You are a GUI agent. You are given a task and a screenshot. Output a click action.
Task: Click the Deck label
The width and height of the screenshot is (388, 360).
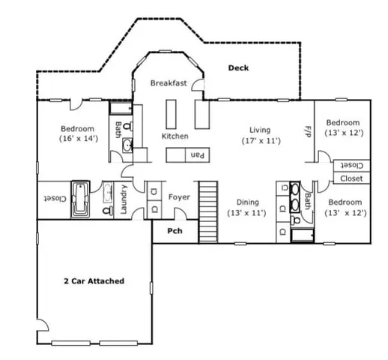(x=238, y=68)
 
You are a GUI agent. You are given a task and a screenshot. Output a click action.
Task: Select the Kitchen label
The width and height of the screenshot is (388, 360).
(x=175, y=136)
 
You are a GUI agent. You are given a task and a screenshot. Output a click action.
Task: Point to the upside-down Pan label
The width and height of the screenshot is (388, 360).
(x=198, y=154)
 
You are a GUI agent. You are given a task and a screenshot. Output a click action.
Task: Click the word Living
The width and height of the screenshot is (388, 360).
(x=260, y=130)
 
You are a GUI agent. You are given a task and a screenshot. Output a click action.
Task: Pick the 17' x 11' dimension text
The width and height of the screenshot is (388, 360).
(x=260, y=141)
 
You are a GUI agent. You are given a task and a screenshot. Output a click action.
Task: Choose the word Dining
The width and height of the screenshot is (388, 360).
(x=248, y=202)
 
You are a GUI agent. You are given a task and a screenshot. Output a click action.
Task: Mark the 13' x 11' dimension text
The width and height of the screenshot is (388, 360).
(x=248, y=213)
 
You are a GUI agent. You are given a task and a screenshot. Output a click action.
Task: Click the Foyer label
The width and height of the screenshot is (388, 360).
(x=178, y=197)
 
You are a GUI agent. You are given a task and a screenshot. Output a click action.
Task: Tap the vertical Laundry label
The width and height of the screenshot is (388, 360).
(x=123, y=200)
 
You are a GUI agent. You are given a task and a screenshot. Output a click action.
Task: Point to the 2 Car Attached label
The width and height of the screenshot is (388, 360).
(x=93, y=281)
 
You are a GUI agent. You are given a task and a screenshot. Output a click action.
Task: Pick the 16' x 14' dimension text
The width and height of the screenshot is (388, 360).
(x=79, y=139)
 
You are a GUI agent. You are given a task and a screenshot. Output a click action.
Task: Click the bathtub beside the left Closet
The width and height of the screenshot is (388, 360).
(x=80, y=199)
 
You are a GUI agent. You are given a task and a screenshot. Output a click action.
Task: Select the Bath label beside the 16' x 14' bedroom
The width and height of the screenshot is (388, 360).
(x=118, y=129)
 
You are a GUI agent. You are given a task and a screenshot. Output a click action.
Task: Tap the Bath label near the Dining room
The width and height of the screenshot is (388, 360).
(x=308, y=201)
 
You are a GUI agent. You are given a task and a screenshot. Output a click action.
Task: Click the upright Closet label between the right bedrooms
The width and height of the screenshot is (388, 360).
(x=351, y=178)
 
